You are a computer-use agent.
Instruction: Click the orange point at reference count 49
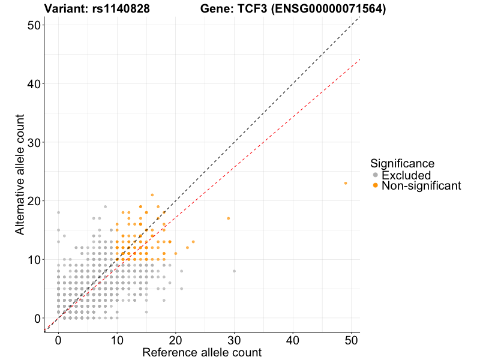pos(346,183)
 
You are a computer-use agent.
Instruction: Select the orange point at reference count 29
pos(229,218)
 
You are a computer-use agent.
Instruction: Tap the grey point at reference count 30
pos(234,271)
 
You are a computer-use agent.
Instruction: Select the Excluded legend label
pos(406,175)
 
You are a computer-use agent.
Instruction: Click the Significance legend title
pos(402,163)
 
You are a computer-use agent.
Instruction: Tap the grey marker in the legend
pos(376,175)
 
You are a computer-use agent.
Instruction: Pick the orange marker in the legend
pos(376,186)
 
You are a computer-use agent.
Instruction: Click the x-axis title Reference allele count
pos(202,352)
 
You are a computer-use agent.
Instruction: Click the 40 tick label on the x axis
pos(293,340)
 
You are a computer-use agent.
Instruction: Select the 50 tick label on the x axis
pos(352,340)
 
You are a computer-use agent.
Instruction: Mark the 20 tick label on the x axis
pos(175,340)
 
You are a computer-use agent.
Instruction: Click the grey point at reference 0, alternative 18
pos(58,212)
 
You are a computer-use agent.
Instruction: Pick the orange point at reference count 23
pos(193,242)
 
